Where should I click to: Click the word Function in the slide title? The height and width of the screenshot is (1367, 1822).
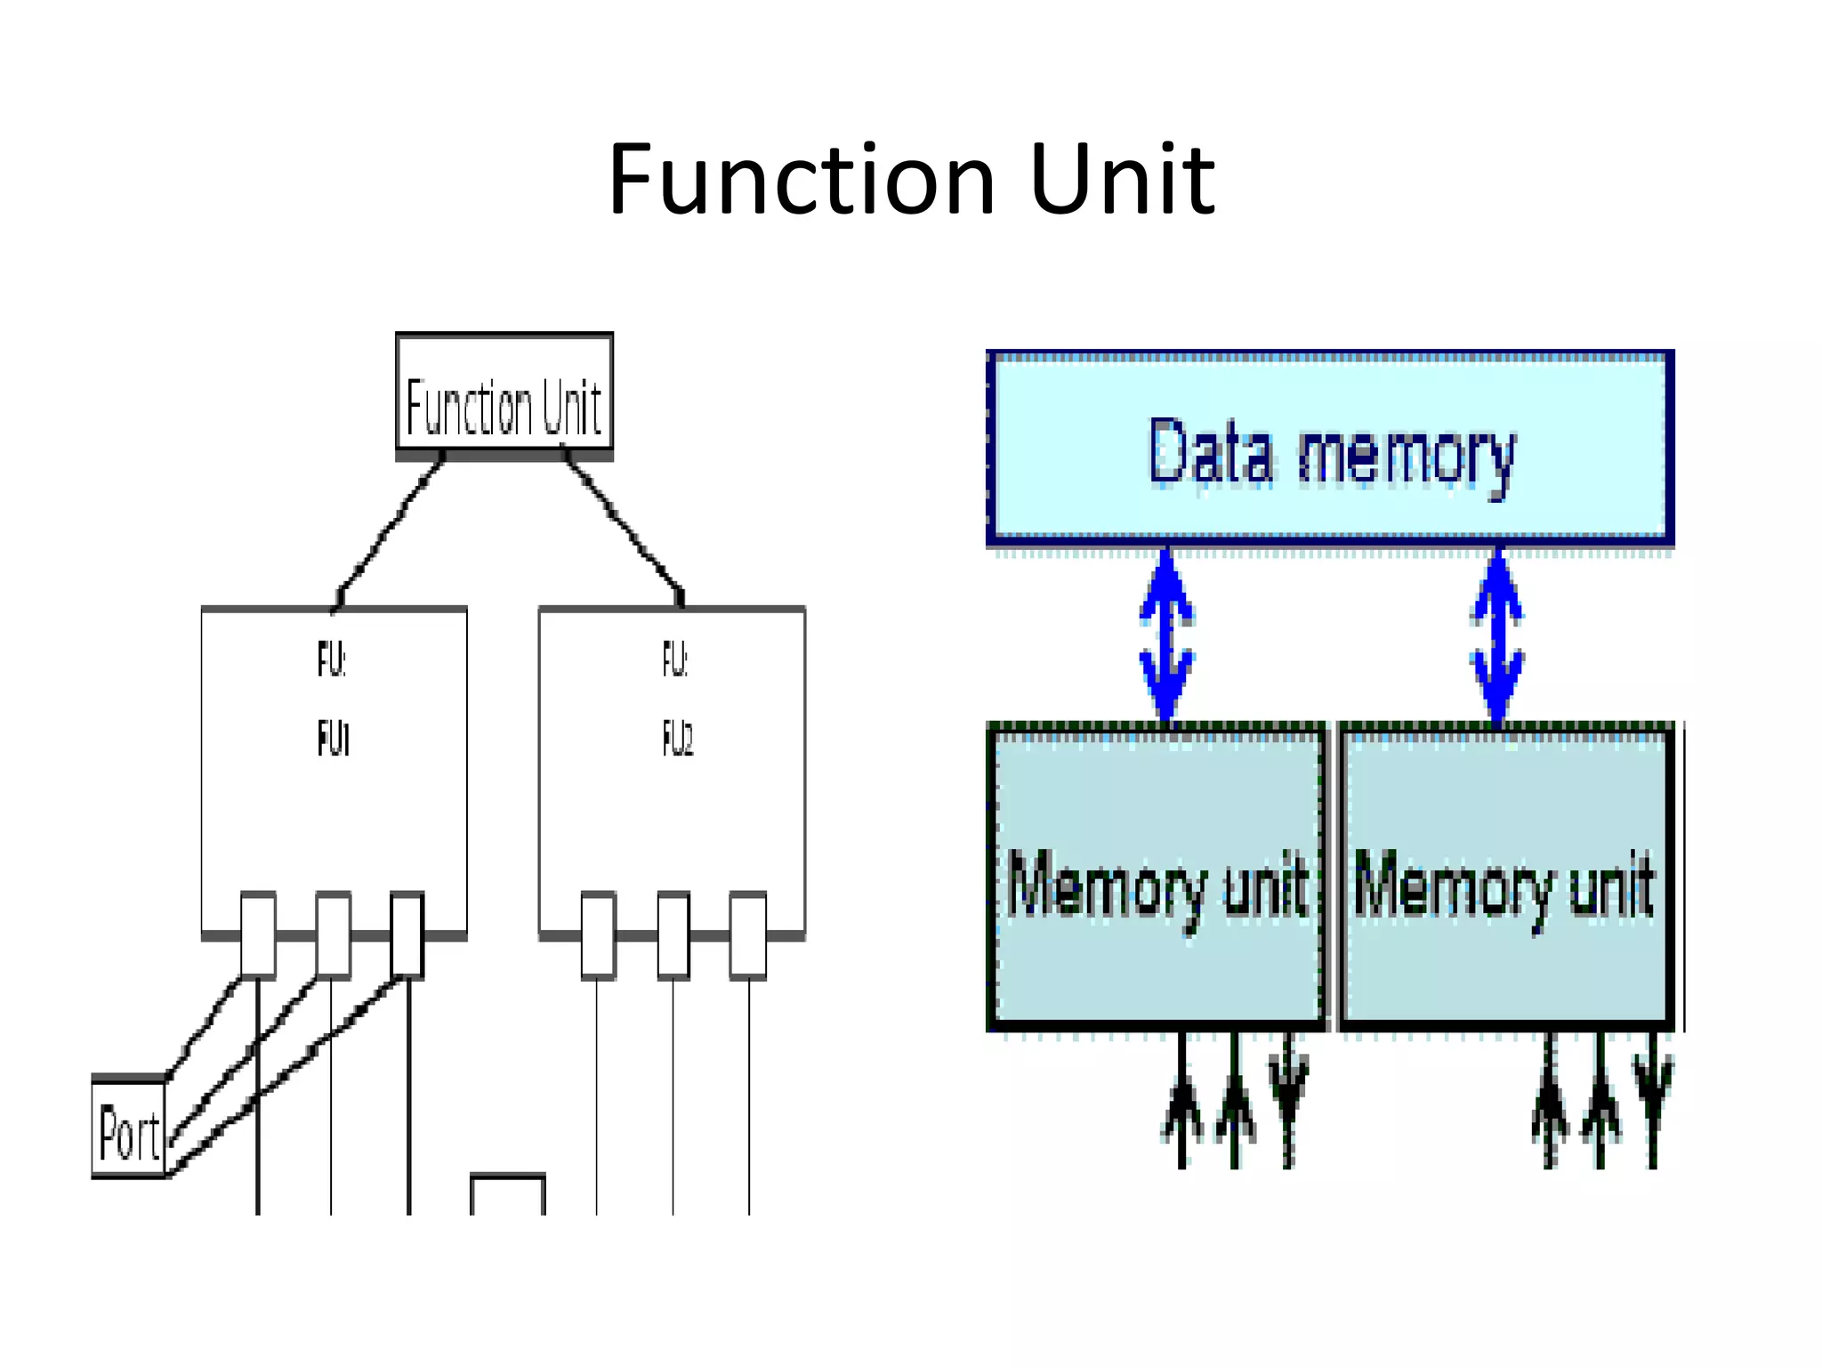(x=801, y=181)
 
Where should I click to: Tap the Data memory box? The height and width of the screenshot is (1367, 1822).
(x=1330, y=449)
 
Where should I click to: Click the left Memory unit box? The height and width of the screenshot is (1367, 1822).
(x=1157, y=877)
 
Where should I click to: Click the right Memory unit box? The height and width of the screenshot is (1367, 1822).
(x=1505, y=877)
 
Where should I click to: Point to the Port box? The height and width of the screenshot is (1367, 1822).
(x=129, y=1128)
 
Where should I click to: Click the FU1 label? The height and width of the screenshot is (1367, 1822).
(x=334, y=739)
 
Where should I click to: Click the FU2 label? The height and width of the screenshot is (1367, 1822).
(x=677, y=739)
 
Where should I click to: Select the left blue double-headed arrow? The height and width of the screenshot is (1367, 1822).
(x=1166, y=636)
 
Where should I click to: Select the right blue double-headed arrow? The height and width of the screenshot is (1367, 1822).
(x=1498, y=636)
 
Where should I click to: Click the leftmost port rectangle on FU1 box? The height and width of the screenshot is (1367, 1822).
(x=258, y=934)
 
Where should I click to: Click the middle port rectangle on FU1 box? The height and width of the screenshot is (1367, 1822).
(x=333, y=934)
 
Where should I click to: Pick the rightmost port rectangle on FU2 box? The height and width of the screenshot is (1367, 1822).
(x=748, y=934)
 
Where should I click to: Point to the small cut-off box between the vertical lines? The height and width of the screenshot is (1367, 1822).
(x=507, y=1195)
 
